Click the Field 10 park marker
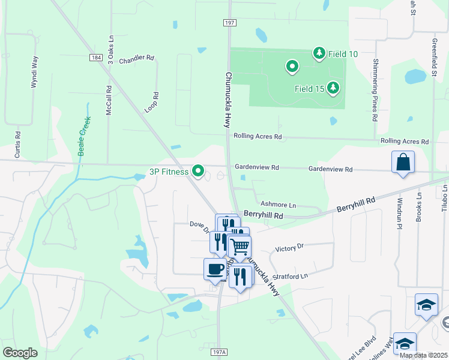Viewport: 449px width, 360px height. coord(319,53)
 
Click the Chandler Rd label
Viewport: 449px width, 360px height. coord(137,60)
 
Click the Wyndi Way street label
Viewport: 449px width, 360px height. coord(34,72)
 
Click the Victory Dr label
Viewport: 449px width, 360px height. coord(290,247)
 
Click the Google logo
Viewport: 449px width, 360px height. coord(20,352)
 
